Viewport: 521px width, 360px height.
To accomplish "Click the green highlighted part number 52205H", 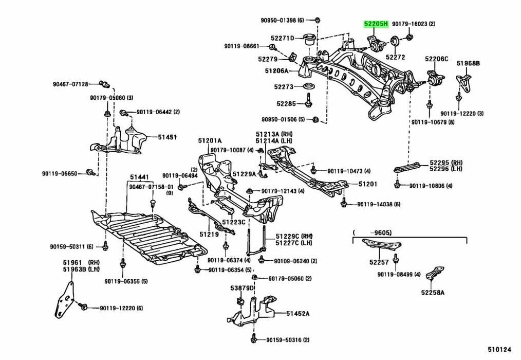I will [377, 24].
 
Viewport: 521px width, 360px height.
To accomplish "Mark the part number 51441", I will [138, 177].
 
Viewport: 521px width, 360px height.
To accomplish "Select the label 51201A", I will [210, 140].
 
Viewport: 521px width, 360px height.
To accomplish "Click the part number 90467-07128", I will [70, 84].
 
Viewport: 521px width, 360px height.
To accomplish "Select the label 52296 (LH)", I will [445, 168].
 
